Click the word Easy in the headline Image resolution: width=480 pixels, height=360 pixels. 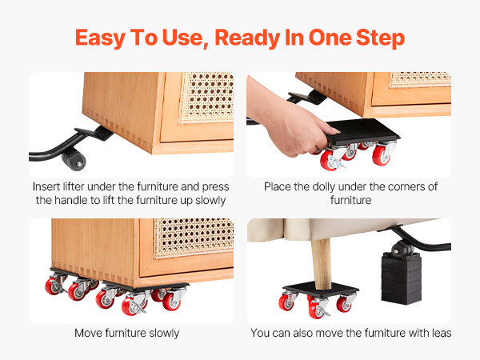pyautogui.click(x=100, y=38)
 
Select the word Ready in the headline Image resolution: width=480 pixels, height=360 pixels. pyautogui.click(x=247, y=38)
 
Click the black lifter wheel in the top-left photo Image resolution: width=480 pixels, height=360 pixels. pyautogui.click(x=74, y=159)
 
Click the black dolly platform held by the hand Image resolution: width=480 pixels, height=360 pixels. pyautogui.click(x=362, y=132)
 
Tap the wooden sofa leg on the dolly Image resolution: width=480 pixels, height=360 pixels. pyautogui.click(x=322, y=263)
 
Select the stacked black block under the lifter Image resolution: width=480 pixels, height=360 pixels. pyautogui.click(x=401, y=278)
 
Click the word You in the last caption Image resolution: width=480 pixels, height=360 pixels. pyautogui.click(x=260, y=333)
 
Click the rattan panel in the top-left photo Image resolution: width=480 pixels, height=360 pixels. pyautogui.click(x=207, y=98)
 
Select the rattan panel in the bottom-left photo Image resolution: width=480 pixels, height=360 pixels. pyautogui.click(x=194, y=238)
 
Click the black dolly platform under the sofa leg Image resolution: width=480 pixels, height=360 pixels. pyautogui.click(x=321, y=289)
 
